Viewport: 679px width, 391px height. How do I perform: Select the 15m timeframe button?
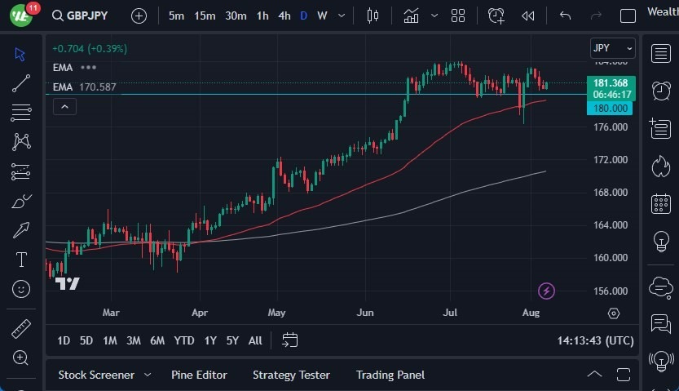click(x=205, y=16)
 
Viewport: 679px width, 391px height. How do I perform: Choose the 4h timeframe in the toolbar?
click(x=284, y=16)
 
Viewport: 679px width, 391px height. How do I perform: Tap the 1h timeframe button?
click(x=262, y=16)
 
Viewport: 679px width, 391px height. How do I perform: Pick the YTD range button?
click(x=184, y=340)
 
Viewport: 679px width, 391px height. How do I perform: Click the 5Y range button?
click(x=232, y=340)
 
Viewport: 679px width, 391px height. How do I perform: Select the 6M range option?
click(x=157, y=340)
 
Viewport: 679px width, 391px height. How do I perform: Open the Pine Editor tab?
click(x=199, y=375)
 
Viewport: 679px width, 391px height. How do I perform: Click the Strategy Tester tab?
click(x=291, y=375)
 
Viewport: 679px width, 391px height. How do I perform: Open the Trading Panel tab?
click(x=390, y=375)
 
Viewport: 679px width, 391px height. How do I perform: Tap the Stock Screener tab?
click(x=96, y=375)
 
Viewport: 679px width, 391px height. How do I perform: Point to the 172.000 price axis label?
click(x=611, y=160)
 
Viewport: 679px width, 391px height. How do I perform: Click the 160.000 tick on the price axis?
click(x=611, y=258)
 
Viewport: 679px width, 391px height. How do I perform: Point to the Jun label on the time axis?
click(x=365, y=313)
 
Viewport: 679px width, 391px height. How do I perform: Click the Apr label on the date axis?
click(x=199, y=313)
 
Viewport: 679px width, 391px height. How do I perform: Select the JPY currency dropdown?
click(x=612, y=48)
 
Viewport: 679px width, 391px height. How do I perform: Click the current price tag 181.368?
click(x=610, y=83)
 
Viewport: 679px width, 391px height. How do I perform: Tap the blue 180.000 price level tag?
click(x=610, y=108)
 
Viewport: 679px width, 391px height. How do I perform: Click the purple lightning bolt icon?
click(x=547, y=291)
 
